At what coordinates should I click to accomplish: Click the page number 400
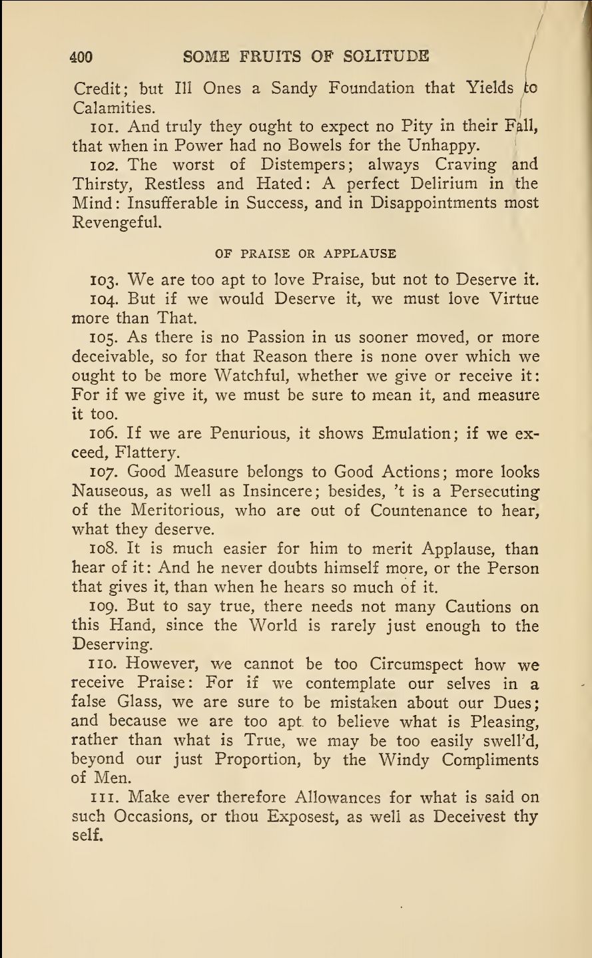pyautogui.click(x=82, y=57)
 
